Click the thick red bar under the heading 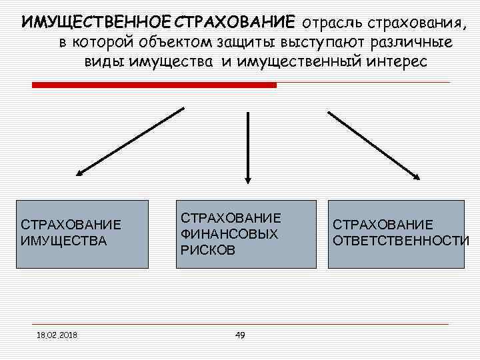point(154,85)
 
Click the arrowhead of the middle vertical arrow point(248,178)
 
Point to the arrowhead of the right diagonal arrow point(417,177)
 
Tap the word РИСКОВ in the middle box point(208,251)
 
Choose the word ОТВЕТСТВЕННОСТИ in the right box point(401,240)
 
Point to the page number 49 point(240,335)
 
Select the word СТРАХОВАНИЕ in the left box point(71,225)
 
